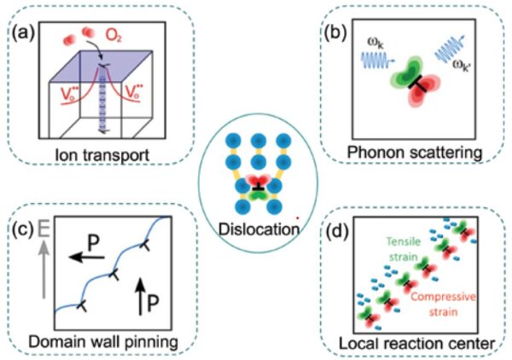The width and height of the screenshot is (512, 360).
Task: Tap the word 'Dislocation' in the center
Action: tap(256, 229)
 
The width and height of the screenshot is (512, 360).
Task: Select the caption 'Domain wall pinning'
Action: tap(100, 341)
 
